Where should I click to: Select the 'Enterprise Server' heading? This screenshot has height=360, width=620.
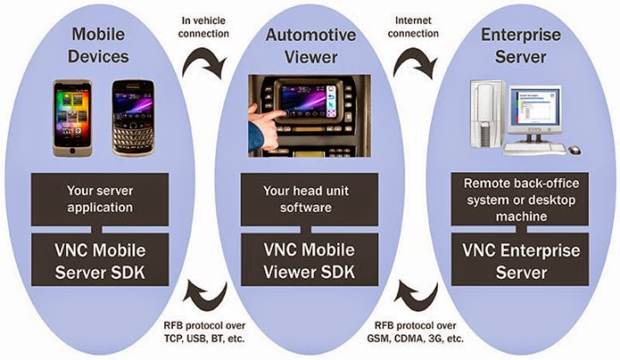(x=519, y=47)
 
